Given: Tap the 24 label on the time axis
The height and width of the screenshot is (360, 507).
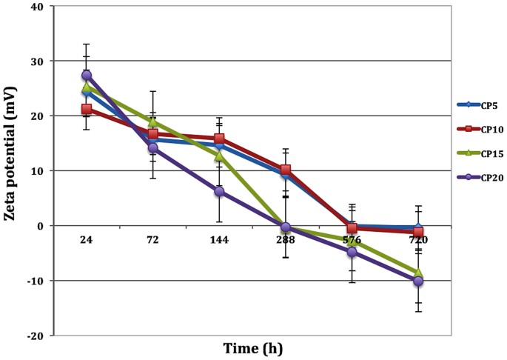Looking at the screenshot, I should tap(87, 240).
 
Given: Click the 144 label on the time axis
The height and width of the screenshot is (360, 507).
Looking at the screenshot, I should tap(219, 240).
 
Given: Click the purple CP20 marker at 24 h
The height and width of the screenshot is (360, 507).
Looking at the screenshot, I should tap(87, 76).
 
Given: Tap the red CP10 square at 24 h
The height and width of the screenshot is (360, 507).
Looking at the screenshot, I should tap(87, 110).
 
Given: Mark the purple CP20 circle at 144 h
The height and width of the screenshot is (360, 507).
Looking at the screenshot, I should tap(219, 191).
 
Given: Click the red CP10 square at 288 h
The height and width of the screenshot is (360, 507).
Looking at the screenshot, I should tap(286, 170).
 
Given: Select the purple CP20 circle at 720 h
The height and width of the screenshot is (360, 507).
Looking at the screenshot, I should tap(418, 281).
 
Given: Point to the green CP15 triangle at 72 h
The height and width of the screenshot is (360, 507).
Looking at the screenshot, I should tap(153, 122).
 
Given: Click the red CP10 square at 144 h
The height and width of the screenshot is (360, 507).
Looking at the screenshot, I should tap(219, 139).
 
